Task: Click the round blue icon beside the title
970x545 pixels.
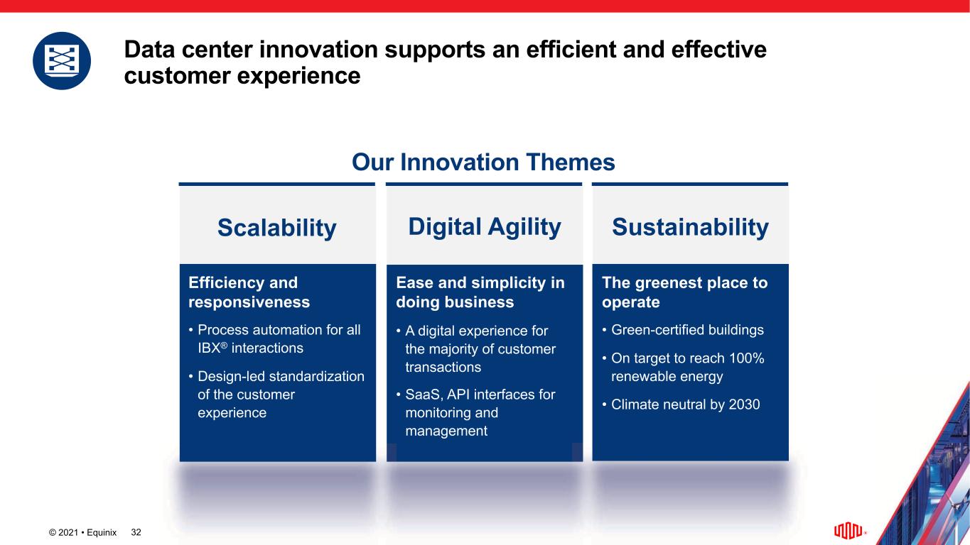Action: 62,60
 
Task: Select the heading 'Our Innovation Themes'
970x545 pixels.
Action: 483,163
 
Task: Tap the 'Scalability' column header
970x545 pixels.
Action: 277,228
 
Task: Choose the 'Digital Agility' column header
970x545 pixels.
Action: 485,227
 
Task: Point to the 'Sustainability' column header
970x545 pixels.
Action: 690,227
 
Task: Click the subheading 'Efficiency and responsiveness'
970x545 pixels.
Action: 249,292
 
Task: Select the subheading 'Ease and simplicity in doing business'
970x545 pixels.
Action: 480,292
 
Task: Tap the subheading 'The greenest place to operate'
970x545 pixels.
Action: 684,292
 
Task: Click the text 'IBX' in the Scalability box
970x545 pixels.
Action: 210,348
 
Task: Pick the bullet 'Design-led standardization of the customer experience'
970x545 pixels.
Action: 281,395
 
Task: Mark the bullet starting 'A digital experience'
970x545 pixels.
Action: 480,349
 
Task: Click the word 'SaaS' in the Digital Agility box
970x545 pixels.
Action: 424,395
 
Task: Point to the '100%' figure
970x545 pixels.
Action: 747,358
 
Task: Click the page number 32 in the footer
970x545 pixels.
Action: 136,532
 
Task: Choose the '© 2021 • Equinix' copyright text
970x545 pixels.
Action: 82,532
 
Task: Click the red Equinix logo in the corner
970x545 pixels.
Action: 848,530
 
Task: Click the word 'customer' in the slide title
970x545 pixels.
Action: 178,76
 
